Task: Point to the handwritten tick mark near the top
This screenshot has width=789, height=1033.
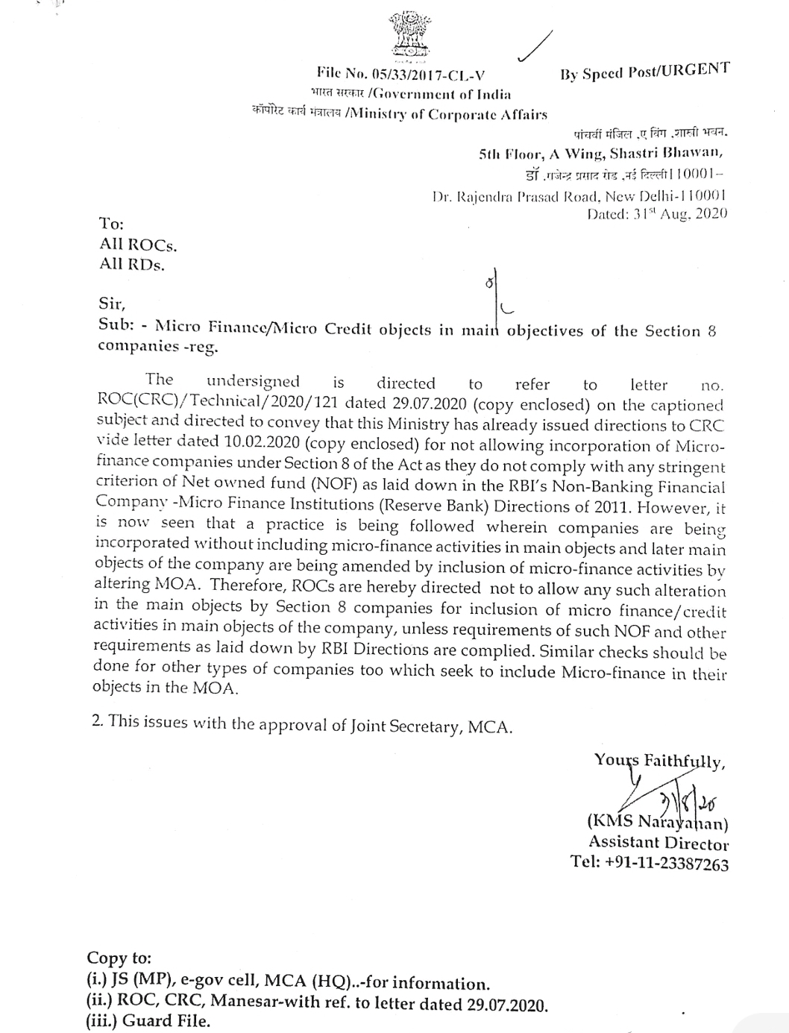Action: click(536, 47)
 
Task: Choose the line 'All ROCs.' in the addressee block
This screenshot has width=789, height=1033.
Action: click(138, 244)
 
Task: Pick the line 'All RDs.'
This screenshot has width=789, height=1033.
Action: click(132, 264)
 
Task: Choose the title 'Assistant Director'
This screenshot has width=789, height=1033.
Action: click(658, 843)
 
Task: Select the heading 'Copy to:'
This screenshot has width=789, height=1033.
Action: click(119, 957)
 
